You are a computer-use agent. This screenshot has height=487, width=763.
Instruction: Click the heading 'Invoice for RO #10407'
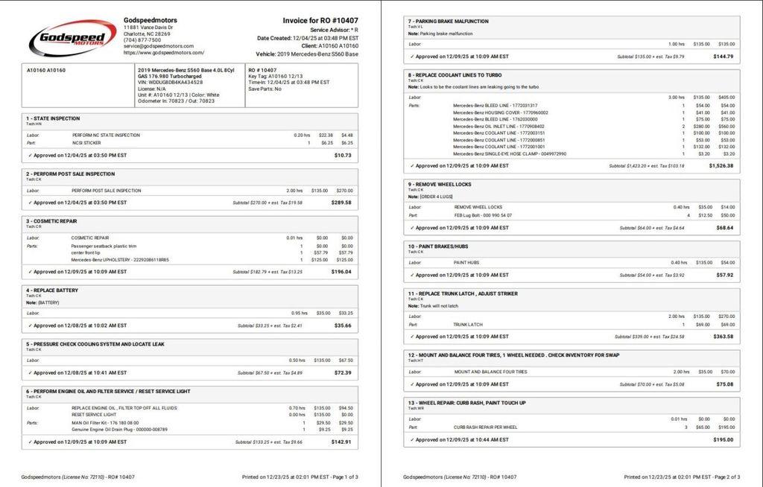[320, 21]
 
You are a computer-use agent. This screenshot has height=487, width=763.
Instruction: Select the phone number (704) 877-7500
[142, 40]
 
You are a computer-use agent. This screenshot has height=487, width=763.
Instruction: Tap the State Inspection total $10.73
[343, 155]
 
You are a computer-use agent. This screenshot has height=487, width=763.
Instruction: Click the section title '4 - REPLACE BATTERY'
[52, 290]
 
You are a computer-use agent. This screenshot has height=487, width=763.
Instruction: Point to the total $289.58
[341, 202]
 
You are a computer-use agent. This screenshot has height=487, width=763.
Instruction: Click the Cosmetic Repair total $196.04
[341, 272]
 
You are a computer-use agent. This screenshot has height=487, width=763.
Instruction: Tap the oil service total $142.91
[341, 442]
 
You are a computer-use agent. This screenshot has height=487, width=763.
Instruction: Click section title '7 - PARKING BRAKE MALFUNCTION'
[448, 21]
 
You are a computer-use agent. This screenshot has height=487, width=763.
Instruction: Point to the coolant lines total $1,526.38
[721, 166]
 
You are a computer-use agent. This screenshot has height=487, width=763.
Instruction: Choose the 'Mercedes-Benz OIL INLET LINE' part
[496, 127]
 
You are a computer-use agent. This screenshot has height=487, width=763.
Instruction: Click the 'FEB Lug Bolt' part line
[483, 215]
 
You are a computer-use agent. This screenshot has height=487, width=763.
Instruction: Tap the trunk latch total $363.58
[723, 337]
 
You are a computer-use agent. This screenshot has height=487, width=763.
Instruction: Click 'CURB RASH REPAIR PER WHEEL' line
[485, 427]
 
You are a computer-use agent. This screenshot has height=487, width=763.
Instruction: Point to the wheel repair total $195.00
[723, 439]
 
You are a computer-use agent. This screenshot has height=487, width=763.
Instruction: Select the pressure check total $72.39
[343, 372]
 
